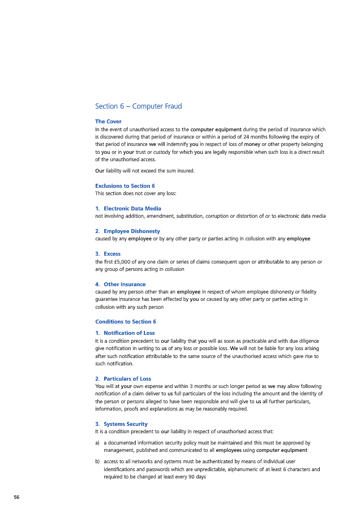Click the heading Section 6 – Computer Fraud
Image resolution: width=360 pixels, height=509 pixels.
pos(138,106)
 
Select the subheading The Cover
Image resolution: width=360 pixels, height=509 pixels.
pos(108,122)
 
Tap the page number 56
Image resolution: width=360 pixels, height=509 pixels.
pos(16,497)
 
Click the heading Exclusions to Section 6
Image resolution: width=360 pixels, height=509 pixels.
pos(125,186)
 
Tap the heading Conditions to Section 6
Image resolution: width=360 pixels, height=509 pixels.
pos(126,322)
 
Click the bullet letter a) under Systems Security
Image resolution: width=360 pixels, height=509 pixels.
pos(98,443)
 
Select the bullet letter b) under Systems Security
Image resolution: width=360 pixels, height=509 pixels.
pos(98,461)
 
